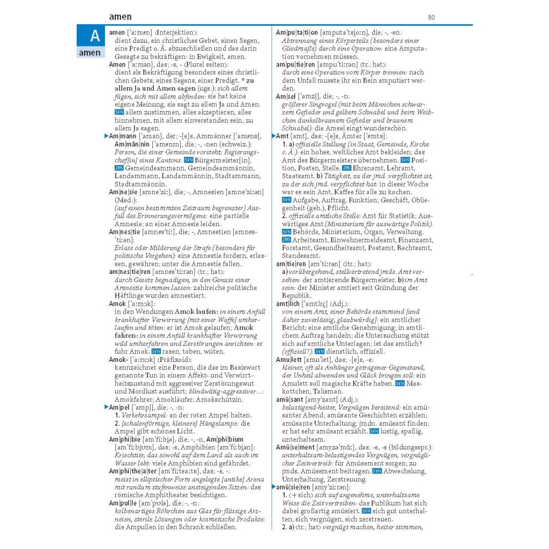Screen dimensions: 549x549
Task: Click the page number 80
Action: pyautogui.click(x=431, y=18)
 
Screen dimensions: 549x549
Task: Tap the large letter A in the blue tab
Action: pyautogui.click(x=94, y=36)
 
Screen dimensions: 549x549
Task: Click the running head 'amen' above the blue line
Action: pyautogui.click(x=120, y=17)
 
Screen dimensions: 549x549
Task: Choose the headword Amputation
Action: pyautogui.click(x=298, y=33)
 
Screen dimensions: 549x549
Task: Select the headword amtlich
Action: pyautogui.click(x=288, y=303)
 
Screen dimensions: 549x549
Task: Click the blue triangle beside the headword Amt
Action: pyautogui.click(x=273, y=136)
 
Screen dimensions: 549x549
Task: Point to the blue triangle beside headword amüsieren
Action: pyautogui.click(x=273, y=487)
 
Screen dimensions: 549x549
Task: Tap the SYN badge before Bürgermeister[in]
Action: pyautogui.click(x=188, y=160)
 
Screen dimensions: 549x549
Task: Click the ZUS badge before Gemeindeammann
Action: pyautogui.click(x=119, y=168)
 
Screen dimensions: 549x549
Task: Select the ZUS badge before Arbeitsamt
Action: pyautogui.click(x=286, y=240)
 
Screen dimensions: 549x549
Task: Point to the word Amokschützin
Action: pyautogui.click(x=219, y=399)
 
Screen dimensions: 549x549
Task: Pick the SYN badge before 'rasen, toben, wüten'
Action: pyautogui.click(x=156, y=351)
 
